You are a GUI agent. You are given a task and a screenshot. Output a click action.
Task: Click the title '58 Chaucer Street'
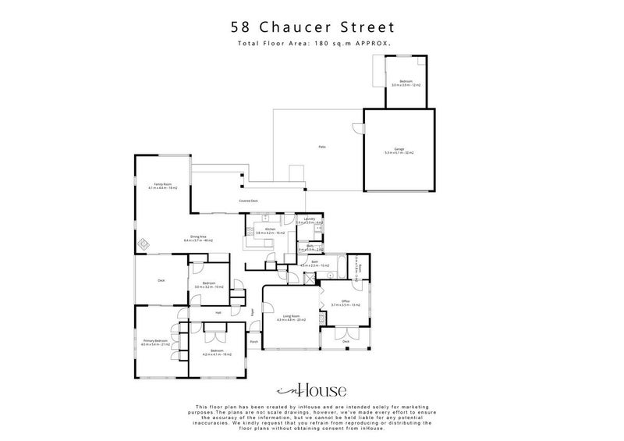(x=311, y=27)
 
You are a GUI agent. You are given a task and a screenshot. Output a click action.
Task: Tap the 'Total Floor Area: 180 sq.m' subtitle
(x=311, y=44)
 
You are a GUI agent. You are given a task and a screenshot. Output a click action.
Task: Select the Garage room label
(x=399, y=150)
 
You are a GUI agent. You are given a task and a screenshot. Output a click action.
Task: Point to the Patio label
(x=321, y=147)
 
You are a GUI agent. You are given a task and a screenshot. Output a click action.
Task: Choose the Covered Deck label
(x=249, y=201)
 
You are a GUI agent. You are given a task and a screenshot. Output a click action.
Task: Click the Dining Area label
(x=197, y=237)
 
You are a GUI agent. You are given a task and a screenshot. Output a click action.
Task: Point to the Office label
(x=345, y=301)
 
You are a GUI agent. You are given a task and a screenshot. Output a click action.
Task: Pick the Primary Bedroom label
(x=155, y=341)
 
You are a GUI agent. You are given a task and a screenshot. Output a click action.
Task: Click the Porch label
(x=253, y=342)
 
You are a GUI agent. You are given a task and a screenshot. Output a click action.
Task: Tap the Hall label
(x=218, y=312)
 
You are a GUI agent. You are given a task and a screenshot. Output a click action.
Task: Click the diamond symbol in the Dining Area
(x=144, y=244)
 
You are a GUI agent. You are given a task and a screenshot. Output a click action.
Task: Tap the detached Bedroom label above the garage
(x=406, y=81)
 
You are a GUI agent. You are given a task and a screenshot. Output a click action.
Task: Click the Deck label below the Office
(x=346, y=341)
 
